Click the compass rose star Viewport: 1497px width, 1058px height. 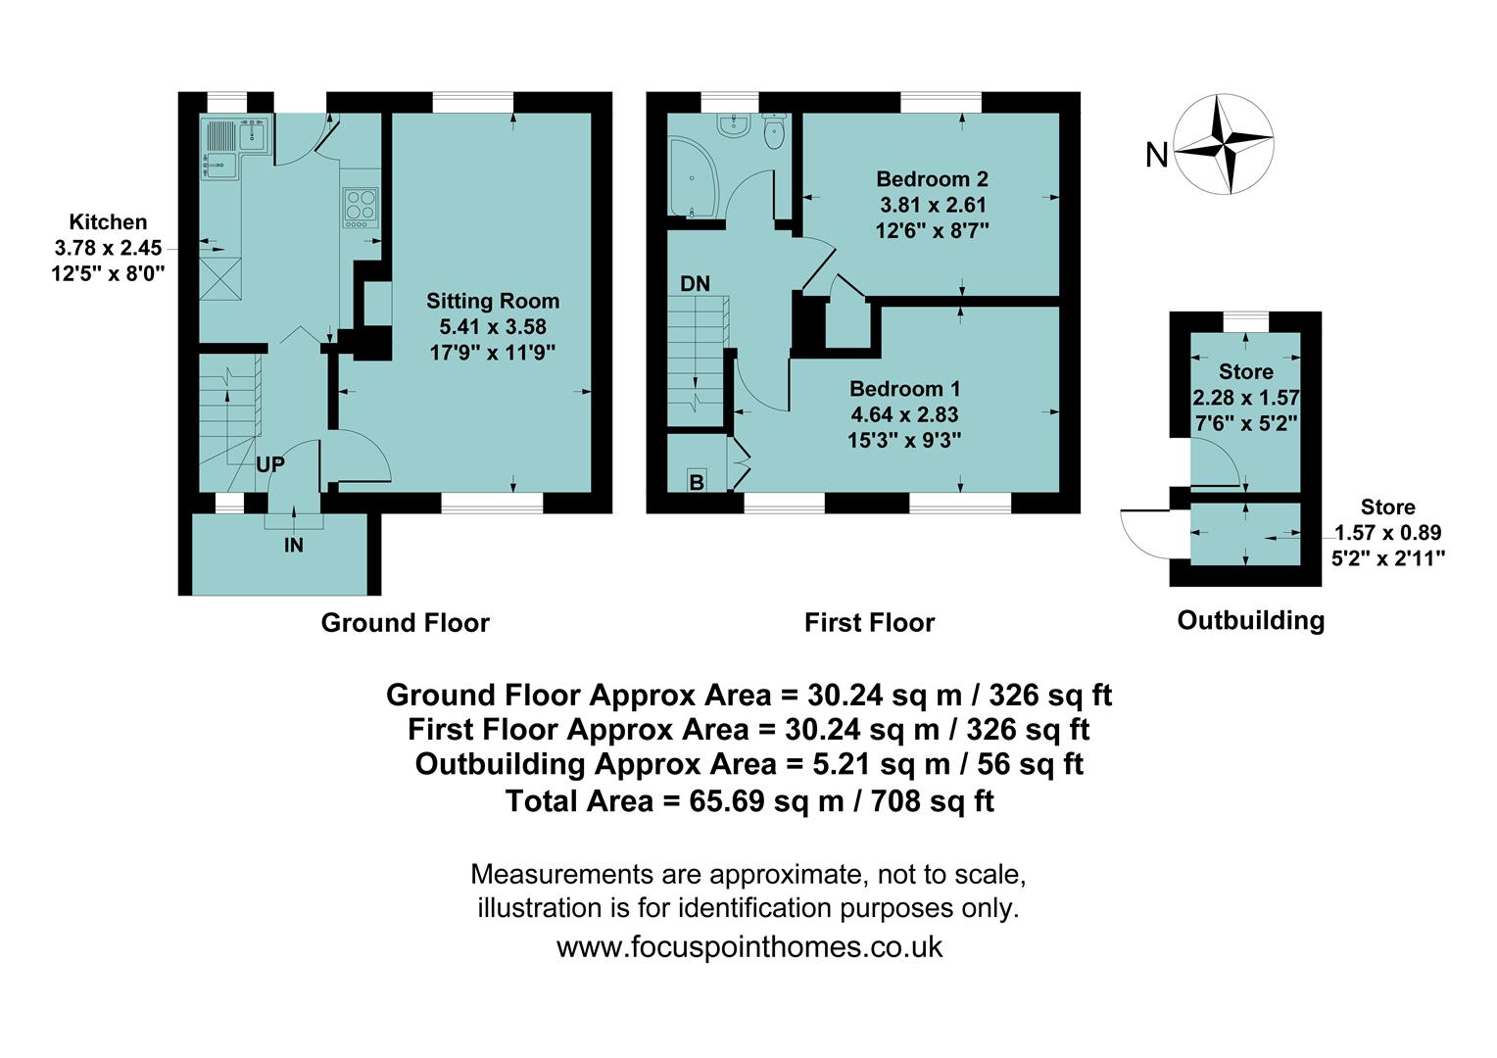(x=1225, y=144)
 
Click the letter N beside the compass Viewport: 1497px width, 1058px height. (x=1157, y=155)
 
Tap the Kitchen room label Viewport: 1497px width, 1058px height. (x=108, y=222)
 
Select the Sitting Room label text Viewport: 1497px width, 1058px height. (x=493, y=301)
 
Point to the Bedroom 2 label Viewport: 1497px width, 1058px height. (x=932, y=179)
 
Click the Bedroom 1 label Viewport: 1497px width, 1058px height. (x=904, y=388)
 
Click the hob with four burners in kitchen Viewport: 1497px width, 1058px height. (x=361, y=208)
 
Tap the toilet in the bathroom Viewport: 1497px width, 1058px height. (x=775, y=131)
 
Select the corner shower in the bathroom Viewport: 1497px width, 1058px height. (x=694, y=176)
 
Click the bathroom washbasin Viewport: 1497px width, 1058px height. (x=732, y=124)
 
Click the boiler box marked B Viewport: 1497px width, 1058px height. (x=697, y=482)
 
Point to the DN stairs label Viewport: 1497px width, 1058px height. (x=695, y=284)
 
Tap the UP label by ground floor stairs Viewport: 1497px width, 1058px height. (x=270, y=464)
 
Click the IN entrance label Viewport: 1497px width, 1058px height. (x=294, y=546)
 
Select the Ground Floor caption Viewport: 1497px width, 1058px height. (x=405, y=622)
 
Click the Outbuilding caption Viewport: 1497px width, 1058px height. (x=1250, y=620)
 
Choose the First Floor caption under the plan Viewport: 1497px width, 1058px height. (x=869, y=622)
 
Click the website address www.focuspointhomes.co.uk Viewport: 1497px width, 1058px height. (x=748, y=947)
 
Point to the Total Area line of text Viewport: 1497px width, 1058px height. (x=748, y=801)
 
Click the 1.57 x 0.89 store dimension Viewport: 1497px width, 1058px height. (x=1387, y=533)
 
